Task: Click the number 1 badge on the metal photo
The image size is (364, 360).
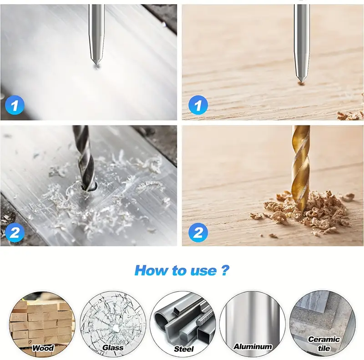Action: pyautogui.click(x=15, y=106)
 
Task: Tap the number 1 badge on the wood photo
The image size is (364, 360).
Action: pyautogui.click(x=198, y=105)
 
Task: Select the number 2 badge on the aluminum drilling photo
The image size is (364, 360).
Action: pyautogui.click(x=15, y=233)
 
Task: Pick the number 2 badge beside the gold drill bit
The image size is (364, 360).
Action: pyautogui.click(x=198, y=233)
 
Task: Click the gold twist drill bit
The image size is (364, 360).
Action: pyautogui.click(x=301, y=167)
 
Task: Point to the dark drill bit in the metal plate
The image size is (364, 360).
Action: pyautogui.click(x=84, y=158)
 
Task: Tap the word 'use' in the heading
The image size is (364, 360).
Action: pyautogui.click(x=203, y=271)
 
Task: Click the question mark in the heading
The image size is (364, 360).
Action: pyautogui.click(x=225, y=270)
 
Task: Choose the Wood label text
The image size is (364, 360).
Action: pyautogui.click(x=43, y=348)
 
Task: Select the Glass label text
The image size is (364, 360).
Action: pyautogui.click(x=113, y=347)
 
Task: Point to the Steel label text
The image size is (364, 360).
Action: pyautogui.click(x=184, y=349)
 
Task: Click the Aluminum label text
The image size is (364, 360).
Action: pyautogui.click(x=253, y=346)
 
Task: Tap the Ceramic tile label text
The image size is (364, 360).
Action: pyautogui.click(x=324, y=344)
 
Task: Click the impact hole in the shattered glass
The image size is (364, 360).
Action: pyautogui.click(x=115, y=328)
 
